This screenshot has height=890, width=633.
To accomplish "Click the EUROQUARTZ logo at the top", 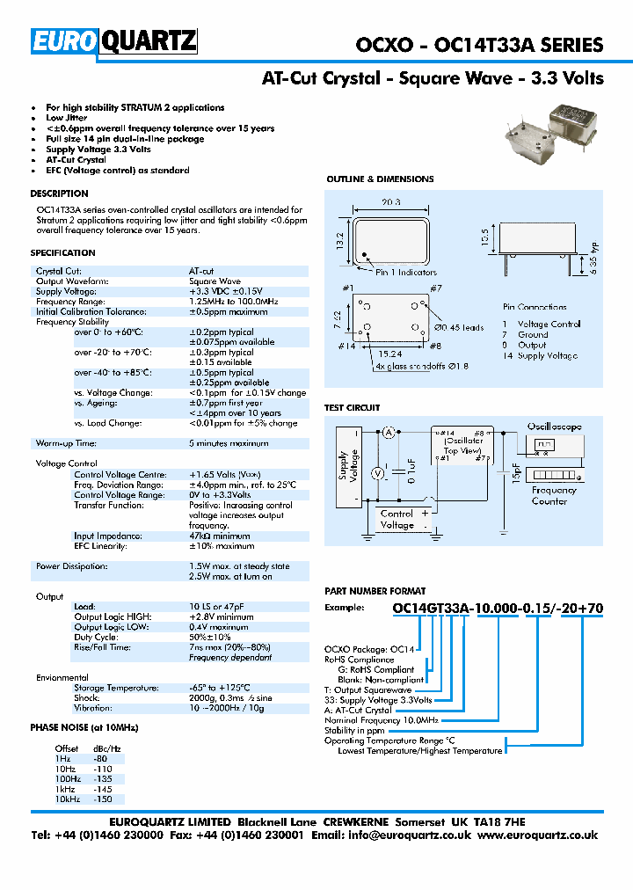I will click(114, 42).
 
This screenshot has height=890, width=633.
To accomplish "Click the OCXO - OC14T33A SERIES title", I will click(479, 45).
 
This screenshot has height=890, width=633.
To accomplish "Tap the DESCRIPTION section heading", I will click(59, 193).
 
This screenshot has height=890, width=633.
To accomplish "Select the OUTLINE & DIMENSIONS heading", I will click(380, 179).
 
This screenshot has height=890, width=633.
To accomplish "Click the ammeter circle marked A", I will click(388, 432).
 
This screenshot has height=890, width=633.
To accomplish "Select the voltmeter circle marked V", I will click(379, 473).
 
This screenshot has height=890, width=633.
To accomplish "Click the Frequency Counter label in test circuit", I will click(554, 495).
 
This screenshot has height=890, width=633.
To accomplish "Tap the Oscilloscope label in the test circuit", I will click(554, 427).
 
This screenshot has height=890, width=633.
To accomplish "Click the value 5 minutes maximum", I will click(229, 443).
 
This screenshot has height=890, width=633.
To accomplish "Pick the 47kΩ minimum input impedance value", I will click(219, 536).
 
